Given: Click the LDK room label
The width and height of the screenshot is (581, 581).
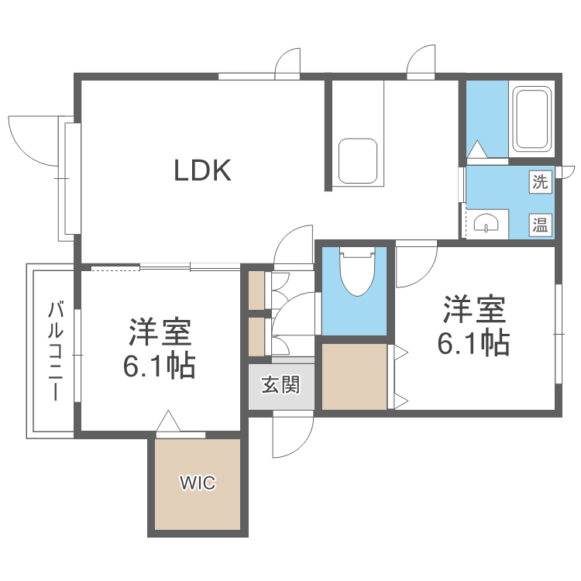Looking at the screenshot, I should click(x=201, y=170).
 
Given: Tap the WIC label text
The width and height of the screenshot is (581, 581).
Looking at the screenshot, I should click(x=198, y=484).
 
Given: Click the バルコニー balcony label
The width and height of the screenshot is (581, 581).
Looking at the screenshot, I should click(x=55, y=351).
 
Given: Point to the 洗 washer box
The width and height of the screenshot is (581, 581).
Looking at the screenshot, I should click(x=540, y=183).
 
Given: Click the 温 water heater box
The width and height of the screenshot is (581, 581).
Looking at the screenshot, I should click(x=540, y=225).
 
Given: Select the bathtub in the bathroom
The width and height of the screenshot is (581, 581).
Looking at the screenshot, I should click(x=531, y=121).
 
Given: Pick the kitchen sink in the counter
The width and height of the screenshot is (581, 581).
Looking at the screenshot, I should click(x=358, y=161).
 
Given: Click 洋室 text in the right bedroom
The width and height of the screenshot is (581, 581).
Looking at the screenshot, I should click(x=474, y=309).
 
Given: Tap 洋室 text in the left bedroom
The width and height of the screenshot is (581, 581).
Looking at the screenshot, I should click(x=159, y=332).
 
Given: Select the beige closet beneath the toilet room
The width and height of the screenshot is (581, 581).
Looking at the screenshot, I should click(x=354, y=377).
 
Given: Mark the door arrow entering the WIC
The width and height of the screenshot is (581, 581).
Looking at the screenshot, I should click(x=168, y=421).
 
